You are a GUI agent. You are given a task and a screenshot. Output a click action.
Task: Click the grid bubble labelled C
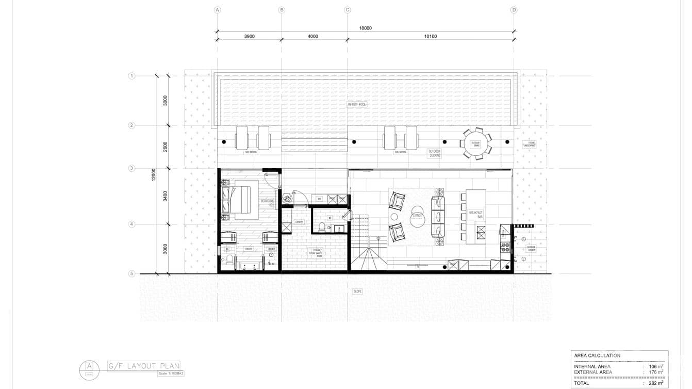tap(347, 10)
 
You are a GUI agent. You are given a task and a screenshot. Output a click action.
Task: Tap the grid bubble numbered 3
tap(131, 168)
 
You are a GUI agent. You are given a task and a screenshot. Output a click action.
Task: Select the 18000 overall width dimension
tap(365, 28)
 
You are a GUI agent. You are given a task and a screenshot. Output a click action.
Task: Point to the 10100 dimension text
tap(430, 36)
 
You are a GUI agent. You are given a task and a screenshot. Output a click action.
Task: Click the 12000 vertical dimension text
tap(153, 174)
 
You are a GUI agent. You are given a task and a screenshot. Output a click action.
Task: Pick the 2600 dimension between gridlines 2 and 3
tap(165, 147)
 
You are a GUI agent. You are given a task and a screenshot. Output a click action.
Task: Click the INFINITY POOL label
tap(356, 104)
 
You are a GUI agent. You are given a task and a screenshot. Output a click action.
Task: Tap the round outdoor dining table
tap(475, 143)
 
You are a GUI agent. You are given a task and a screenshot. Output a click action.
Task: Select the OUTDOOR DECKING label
tap(435, 153)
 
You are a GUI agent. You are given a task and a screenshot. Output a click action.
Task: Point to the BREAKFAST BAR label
tap(475, 215)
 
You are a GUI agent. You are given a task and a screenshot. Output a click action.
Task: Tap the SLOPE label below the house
tap(357, 291)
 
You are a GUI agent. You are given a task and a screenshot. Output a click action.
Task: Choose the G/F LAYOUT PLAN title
tap(143, 366)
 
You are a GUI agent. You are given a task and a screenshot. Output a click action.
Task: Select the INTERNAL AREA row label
tap(592, 366)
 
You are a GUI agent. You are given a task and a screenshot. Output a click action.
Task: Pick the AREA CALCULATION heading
tap(597, 355)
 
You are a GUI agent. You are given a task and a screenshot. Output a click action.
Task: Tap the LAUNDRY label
tap(299, 222)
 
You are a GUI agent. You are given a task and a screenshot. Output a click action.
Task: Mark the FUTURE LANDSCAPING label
tap(529, 145)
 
